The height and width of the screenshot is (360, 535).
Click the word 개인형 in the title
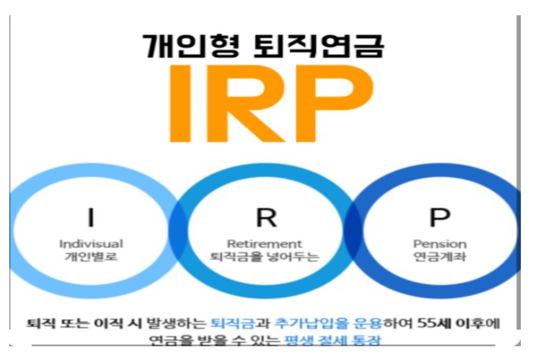tap(190, 46)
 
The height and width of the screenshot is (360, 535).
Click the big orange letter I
tap(180, 103)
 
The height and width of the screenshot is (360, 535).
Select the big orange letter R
tap(251, 103)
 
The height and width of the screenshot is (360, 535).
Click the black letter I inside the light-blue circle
tap(91, 217)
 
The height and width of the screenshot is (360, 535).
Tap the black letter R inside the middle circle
tap(266, 217)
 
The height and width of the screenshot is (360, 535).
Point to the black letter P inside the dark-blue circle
tap(440, 217)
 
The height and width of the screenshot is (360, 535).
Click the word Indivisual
tap(91, 244)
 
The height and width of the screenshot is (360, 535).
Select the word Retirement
tap(264, 244)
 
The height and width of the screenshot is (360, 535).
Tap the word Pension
tap(440, 244)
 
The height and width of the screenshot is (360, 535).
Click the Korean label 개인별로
tap(91, 256)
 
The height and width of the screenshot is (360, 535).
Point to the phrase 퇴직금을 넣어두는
tap(264, 256)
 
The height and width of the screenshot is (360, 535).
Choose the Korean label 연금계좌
tap(440, 256)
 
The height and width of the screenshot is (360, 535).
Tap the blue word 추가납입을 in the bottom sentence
tap(312, 323)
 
